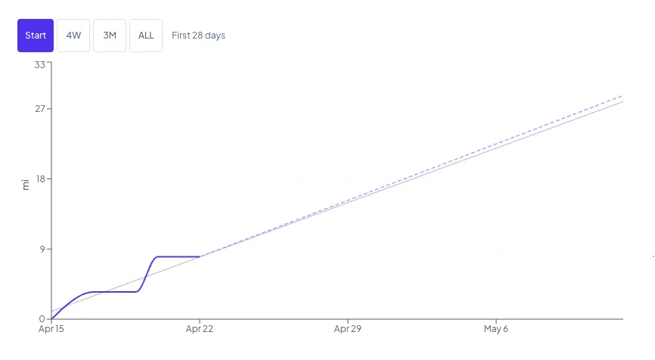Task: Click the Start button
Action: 36,36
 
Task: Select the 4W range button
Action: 73,36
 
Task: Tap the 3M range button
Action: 110,36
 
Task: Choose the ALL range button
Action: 146,36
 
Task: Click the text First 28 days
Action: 198,36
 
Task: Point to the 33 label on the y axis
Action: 39,65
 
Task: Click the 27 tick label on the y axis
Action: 40,109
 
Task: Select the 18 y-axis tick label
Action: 41,179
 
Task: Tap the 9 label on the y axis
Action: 42,250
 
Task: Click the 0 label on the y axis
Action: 42,319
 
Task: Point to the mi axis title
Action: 26,185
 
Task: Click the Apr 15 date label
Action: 51,329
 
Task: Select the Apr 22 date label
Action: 200,329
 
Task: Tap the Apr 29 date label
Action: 348,329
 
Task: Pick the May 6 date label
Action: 496,329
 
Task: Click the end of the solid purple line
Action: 200,257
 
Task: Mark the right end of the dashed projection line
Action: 622,96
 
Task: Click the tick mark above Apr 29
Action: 348,321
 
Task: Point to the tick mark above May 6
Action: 496,321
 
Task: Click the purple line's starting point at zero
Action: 51,319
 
